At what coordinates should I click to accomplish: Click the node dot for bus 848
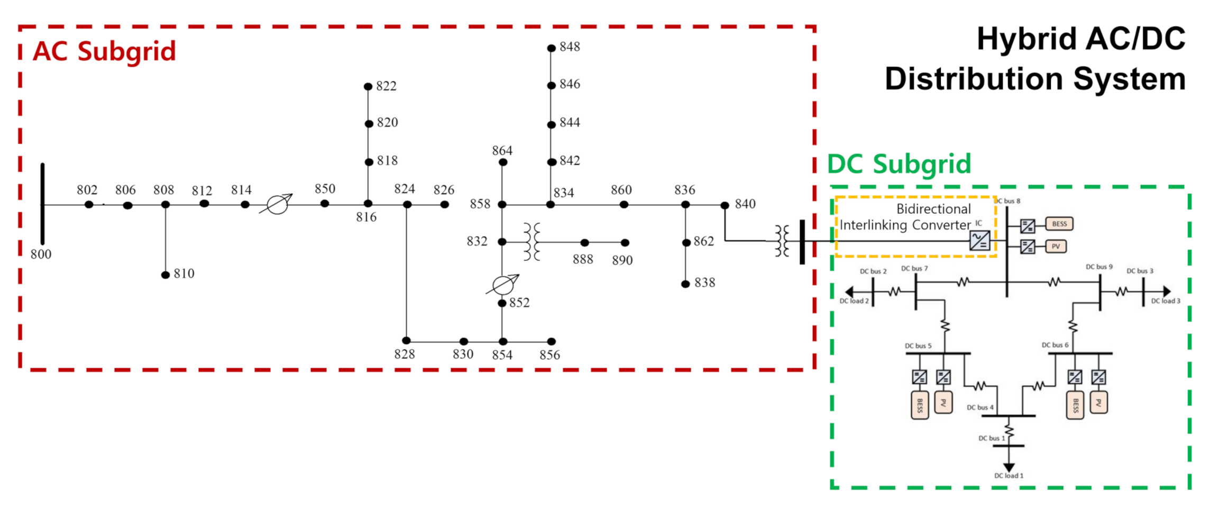551,48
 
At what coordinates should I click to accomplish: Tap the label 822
386,86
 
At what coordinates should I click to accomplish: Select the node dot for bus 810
166,275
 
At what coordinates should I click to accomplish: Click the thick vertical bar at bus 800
43,204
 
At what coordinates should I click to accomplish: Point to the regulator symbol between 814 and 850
277,204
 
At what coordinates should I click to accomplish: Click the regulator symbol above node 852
503,285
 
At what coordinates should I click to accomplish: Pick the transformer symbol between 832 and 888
532,242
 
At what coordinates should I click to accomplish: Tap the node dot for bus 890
625,243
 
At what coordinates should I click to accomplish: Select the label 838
704,283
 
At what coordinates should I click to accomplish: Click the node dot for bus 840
725,205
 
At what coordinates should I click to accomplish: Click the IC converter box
979,241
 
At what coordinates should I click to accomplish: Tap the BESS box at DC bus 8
1059,224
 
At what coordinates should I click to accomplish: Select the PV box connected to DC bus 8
1056,247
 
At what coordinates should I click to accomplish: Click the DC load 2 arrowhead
849,292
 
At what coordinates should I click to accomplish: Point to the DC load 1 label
1009,476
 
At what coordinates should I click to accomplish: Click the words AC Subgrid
104,52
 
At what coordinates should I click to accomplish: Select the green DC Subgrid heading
899,164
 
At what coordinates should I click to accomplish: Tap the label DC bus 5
918,346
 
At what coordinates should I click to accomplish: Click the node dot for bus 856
551,342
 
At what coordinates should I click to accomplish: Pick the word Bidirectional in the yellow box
933,209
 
